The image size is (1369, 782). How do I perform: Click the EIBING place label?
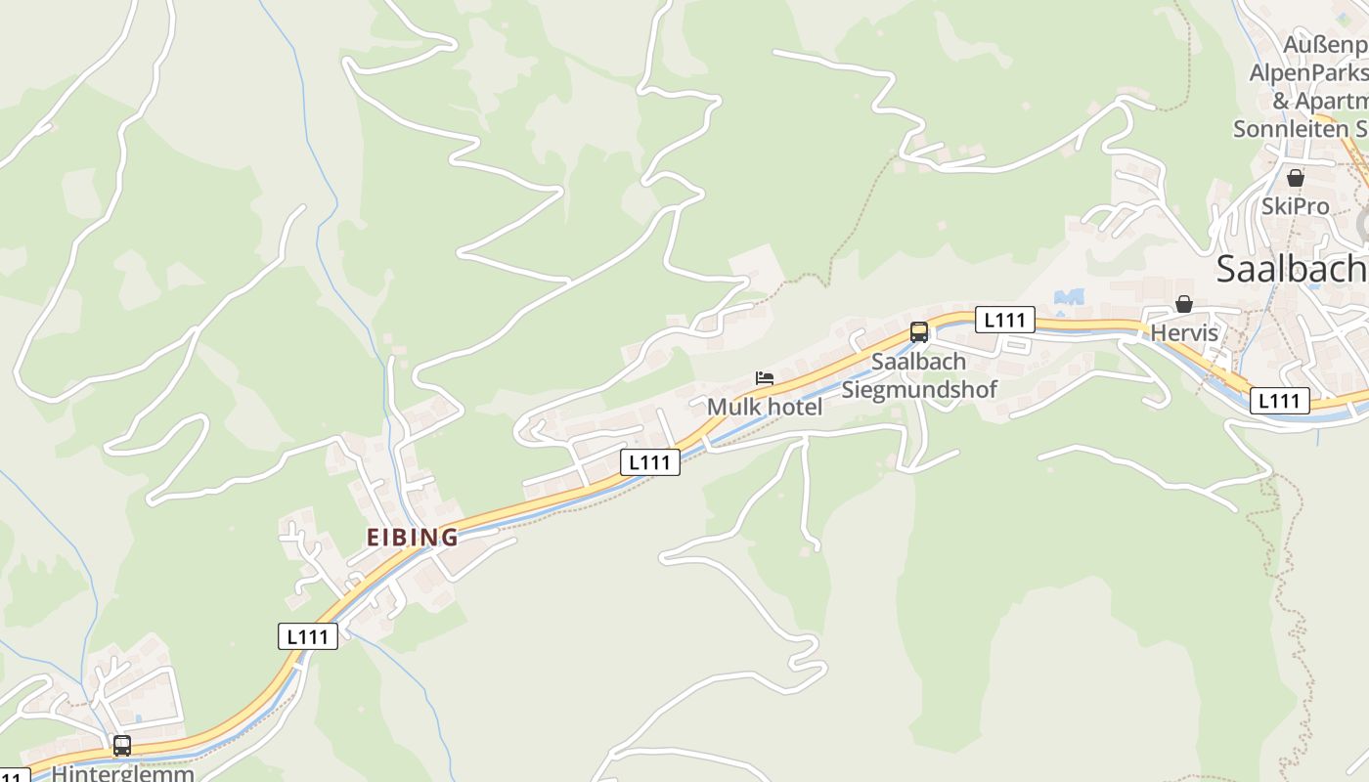pos(412,537)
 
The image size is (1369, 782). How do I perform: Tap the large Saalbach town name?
pos(1291,269)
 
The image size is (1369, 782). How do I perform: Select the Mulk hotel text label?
pos(765,407)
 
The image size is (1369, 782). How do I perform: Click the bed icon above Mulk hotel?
pos(765,378)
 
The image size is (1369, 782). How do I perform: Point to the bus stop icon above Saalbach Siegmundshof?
pos(919,331)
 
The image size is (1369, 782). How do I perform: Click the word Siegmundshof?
pos(919,389)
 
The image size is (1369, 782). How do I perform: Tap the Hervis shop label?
pos(1184,332)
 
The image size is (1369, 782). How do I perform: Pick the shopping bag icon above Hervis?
pos(1184,304)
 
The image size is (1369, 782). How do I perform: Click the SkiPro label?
pos(1296,206)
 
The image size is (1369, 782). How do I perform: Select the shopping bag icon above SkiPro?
pos(1296,178)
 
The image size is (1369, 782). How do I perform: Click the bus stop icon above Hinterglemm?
pos(122,745)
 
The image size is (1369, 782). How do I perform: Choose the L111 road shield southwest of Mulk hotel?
pos(650,462)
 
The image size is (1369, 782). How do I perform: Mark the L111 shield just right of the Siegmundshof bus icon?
pos(1004,320)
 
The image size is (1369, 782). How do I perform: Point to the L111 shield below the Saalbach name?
pos(1279,401)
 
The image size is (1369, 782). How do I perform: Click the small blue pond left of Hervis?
pos(1070,296)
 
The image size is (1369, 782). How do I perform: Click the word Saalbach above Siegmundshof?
pos(918,362)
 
